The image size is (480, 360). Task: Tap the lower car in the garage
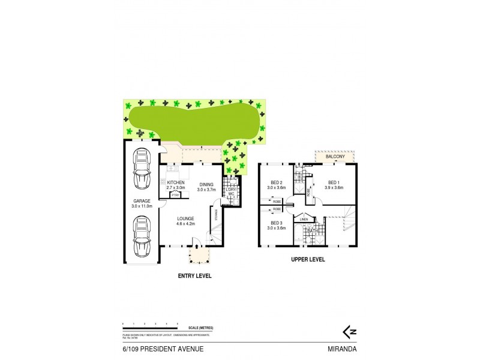click(142, 236)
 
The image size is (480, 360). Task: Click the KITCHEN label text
click(175, 182)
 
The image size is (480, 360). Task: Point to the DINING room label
click(206, 184)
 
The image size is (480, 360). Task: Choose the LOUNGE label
click(185, 218)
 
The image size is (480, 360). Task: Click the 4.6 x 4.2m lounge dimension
click(186, 224)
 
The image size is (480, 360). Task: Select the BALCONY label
click(335, 157)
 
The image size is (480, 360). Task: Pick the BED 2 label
click(276, 182)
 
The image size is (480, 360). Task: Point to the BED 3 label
click(276, 223)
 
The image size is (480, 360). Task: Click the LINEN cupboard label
click(304, 220)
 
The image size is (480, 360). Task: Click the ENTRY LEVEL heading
click(195, 276)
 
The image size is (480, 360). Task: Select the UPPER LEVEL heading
click(307, 260)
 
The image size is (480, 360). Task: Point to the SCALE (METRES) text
click(201, 327)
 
